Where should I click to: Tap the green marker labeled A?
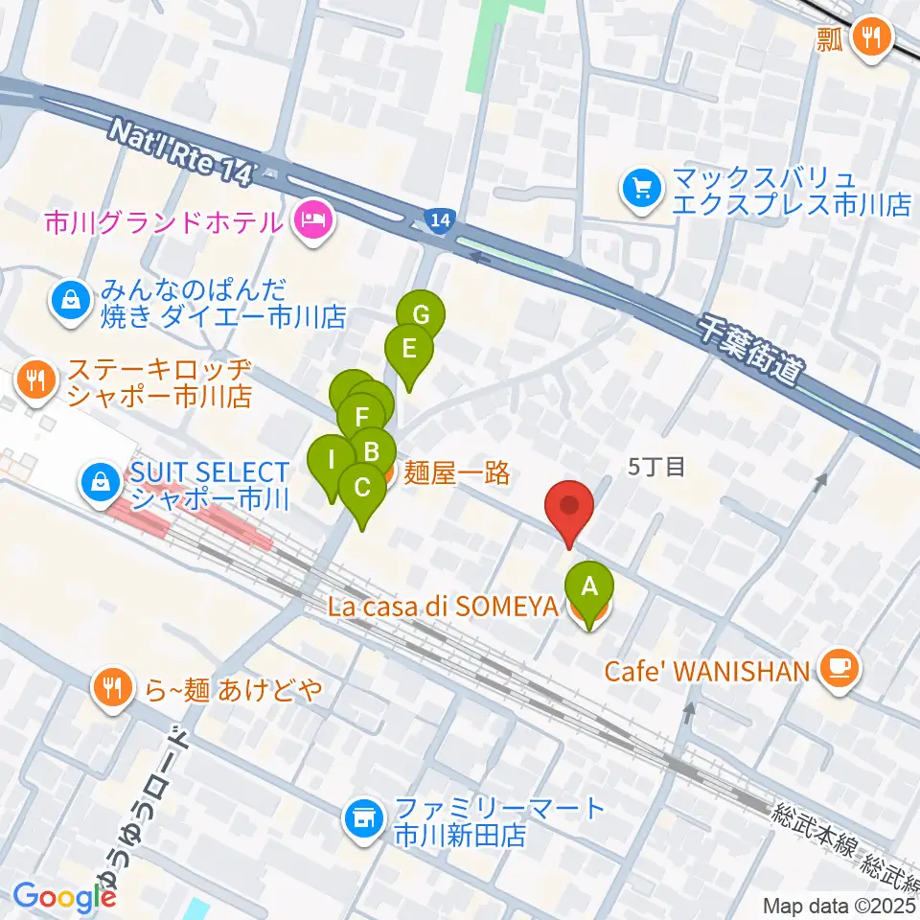point(589,585)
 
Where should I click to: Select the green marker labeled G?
point(421,315)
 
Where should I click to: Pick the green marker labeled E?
point(408,348)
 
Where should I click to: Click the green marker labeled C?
point(361,487)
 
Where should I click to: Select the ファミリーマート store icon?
point(362,818)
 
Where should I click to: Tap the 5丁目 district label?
point(656,467)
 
